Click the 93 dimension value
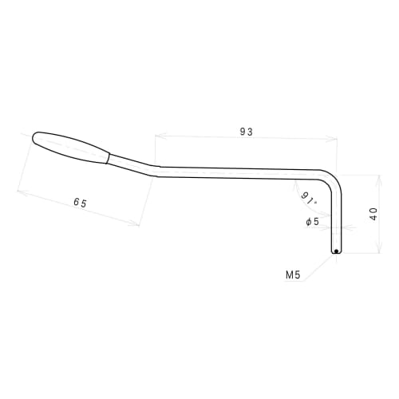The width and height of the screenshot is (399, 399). pos(246,132)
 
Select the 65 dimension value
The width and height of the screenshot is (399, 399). pos(80,203)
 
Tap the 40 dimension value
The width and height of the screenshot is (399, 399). pos(373,214)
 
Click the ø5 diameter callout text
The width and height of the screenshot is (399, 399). pos(313,221)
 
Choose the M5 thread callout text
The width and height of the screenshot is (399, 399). pos(292,275)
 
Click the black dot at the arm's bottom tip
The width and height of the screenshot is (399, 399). pos(337,251)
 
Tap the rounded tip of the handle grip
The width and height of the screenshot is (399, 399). pos(36,137)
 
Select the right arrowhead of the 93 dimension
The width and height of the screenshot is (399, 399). pos(335,137)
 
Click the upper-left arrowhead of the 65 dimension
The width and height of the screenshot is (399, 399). pos(18,190)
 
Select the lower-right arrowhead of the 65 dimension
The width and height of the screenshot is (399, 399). pos(138,226)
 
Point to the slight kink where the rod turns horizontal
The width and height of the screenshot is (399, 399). pos(160,168)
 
